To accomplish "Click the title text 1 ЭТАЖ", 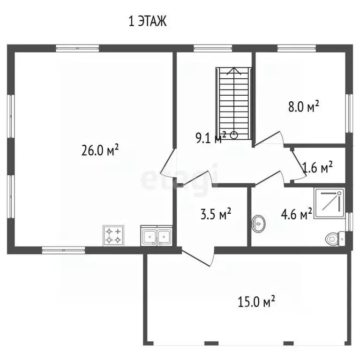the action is coord(147,22).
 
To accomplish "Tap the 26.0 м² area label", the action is coord(100,150).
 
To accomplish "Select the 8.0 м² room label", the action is coord(304,106).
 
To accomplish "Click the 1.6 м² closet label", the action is coord(317,167).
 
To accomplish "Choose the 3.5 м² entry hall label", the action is coord(216,214).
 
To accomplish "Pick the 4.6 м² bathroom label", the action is coord(296,214).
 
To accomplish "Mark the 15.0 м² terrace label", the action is coord(256,301).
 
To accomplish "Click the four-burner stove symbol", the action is coord(113,236).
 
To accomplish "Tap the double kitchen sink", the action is coord(157,236).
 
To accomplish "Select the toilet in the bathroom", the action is coord(335,239).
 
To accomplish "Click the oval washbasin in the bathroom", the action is coord(258,224).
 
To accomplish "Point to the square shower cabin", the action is coord(329,203).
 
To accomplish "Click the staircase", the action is coord(234,103).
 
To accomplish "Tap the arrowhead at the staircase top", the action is coord(234,71).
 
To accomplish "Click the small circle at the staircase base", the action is coord(234,135).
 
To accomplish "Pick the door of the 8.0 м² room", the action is coord(269,139).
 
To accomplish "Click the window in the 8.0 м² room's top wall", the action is coord(296,48).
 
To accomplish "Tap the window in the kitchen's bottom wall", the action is coord(63,250).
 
